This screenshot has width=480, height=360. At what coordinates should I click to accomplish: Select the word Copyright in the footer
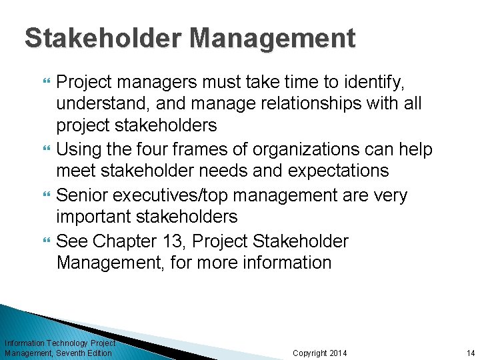[309, 353]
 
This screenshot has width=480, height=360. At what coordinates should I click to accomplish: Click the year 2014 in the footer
[338, 353]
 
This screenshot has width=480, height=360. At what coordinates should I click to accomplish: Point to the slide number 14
[469, 353]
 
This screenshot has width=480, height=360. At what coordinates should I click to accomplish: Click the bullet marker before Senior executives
[47, 195]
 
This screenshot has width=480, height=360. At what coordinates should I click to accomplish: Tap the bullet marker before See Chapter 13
[47, 240]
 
